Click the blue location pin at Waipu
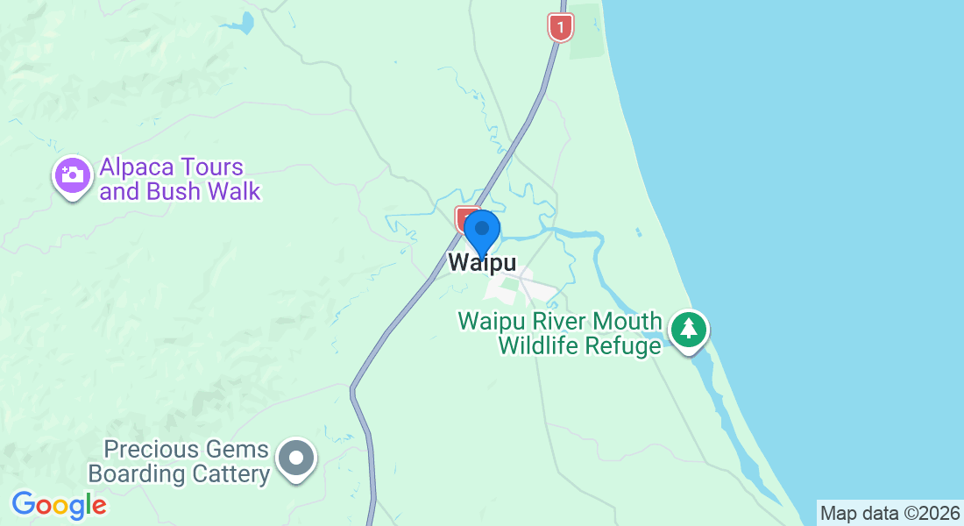point(481,231)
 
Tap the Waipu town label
point(481,263)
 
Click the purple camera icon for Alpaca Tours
point(73,175)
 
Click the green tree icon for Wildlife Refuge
point(690,330)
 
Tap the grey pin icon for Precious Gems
point(296,458)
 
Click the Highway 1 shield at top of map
point(561,26)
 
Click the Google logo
point(59,505)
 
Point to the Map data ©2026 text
point(889,513)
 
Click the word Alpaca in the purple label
point(138,167)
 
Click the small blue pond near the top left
point(248,21)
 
